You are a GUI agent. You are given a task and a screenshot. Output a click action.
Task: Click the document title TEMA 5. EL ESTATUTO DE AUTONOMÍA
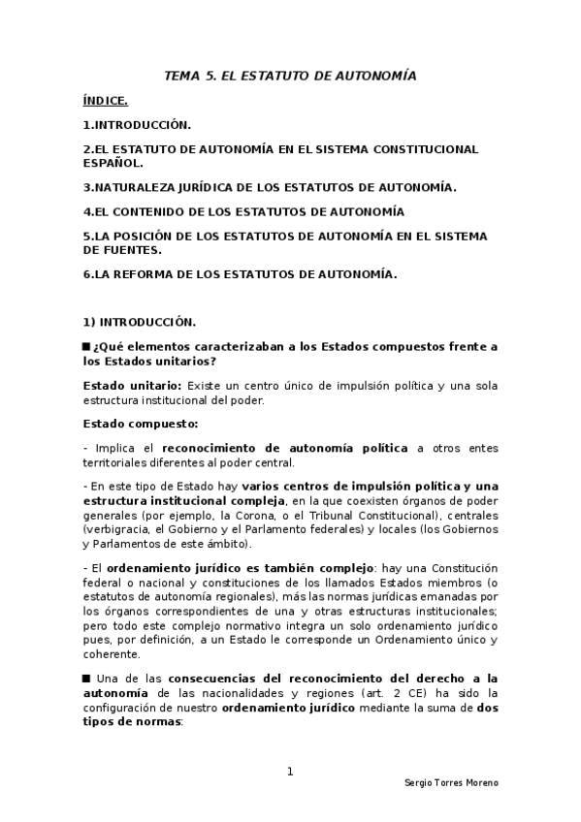tap(290, 75)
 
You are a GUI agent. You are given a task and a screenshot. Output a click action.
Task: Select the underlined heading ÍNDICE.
tap(106, 100)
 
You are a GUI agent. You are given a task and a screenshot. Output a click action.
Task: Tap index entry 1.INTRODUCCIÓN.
tap(137, 125)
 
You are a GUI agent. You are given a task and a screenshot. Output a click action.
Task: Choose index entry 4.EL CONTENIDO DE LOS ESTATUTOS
tap(243, 211)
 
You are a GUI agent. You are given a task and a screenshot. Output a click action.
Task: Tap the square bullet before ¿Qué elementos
tap(86, 347)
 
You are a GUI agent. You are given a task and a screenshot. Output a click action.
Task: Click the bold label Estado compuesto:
tap(127, 423)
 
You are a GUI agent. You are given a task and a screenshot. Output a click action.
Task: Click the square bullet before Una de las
tap(86, 676)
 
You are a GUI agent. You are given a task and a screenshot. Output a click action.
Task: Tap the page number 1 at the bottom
tap(290, 772)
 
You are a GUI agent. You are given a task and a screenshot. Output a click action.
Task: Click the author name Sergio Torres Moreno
tap(450, 782)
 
